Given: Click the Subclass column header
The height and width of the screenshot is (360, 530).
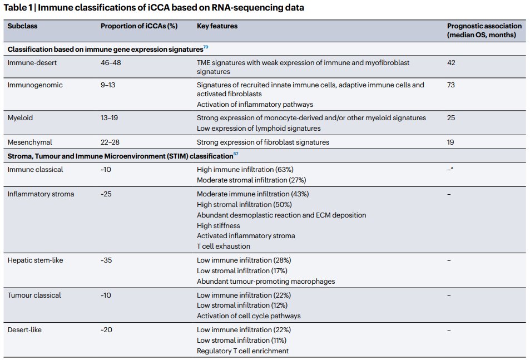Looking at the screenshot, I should point(22,26).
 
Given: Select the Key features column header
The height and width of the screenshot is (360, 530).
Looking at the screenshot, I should point(217,26).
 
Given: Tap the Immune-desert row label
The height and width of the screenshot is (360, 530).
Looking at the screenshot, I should point(32,63).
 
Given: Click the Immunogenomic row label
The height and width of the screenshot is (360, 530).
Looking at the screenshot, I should point(35,85).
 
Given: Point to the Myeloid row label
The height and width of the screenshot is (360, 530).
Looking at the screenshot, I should point(21,118).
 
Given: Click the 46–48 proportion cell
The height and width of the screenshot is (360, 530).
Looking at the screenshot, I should point(111,63).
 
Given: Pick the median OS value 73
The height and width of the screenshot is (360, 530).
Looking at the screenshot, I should point(451,85).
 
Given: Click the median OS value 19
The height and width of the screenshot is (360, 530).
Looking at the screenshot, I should point(450,142).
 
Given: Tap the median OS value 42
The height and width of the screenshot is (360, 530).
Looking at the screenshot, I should point(451,63).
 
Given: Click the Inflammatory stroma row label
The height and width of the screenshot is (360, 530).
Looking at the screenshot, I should point(41,194).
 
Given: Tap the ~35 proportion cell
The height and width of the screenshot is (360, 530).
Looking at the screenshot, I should point(106,260).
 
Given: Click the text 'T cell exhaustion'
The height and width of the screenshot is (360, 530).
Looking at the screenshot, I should point(224,246).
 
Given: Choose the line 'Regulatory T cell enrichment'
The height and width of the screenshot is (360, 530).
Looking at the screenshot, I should point(242,351).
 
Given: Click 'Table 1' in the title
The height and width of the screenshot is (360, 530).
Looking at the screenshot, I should point(18,8).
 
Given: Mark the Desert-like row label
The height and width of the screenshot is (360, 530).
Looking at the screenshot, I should point(24,330).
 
